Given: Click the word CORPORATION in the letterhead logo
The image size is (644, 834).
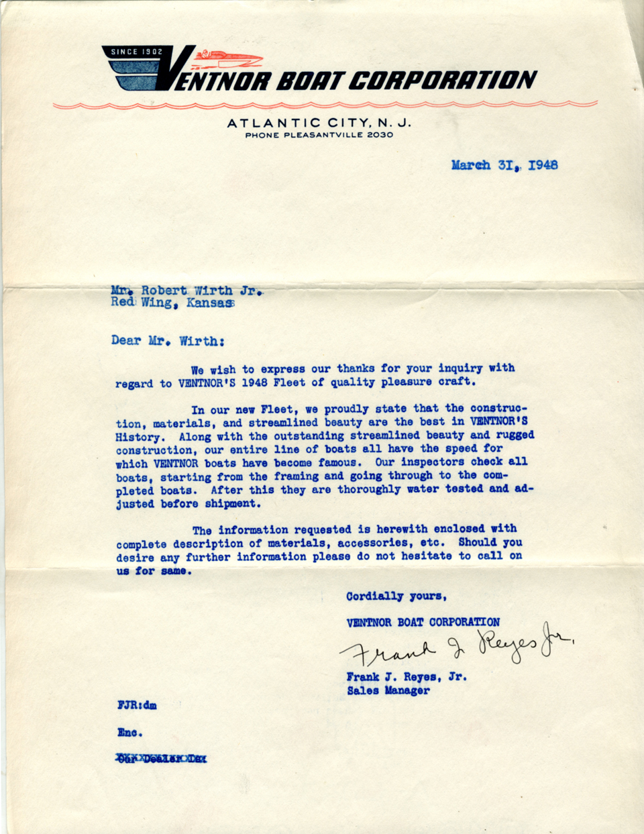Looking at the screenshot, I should [x=442, y=81].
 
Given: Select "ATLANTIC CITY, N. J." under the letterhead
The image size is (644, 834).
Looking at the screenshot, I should [x=319, y=123].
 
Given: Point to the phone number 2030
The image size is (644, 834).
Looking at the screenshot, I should [x=379, y=135].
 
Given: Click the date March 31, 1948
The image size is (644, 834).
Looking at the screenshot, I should [x=504, y=165].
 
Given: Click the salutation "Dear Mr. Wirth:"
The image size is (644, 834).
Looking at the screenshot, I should [x=168, y=341].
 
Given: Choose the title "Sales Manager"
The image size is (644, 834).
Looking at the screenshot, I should [x=388, y=690].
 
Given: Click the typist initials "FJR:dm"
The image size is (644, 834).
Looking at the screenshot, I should [x=137, y=705].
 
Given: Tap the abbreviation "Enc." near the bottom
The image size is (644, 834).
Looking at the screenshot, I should [x=129, y=733].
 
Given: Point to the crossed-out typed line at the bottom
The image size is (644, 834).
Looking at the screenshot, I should [x=161, y=759].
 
